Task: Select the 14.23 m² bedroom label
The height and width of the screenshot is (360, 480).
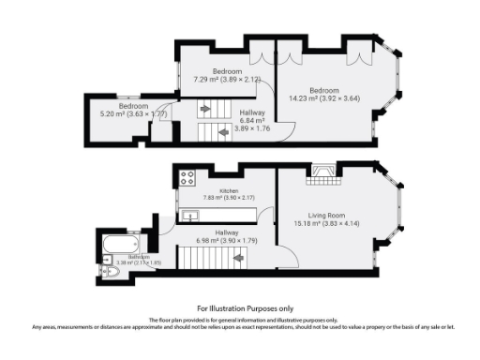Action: click(x=328, y=75)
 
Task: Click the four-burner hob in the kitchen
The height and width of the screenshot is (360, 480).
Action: click(x=187, y=176)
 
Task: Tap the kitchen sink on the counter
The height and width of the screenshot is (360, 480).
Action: click(x=190, y=216)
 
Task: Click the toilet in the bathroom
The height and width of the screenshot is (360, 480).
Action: click(x=110, y=271)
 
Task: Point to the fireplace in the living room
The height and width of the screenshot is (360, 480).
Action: click(x=324, y=171)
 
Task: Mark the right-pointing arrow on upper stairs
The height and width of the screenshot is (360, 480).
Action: click(x=205, y=111)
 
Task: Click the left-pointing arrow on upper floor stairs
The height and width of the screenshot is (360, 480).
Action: click(x=222, y=132)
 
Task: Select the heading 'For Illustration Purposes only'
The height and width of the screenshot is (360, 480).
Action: click(x=245, y=307)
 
